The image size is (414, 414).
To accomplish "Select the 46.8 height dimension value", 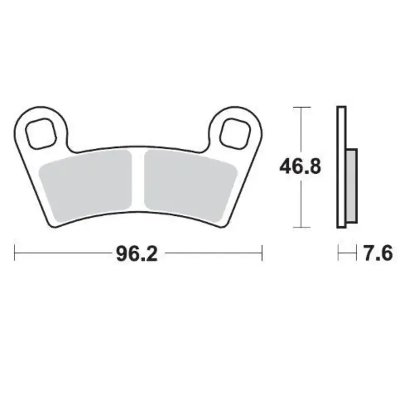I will [301, 167].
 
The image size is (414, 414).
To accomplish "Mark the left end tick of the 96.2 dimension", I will [15, 254].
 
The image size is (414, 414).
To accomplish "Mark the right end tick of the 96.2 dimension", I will [262, 254].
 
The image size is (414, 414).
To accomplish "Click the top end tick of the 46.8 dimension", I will [302, 107].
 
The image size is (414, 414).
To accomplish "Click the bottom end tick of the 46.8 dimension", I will [302, 227].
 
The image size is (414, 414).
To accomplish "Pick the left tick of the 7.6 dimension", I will [337, 254].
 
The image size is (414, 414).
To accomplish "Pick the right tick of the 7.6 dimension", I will [357, 254].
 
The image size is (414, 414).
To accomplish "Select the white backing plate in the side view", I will [341, 129].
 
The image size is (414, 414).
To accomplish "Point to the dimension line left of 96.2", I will [62, 254].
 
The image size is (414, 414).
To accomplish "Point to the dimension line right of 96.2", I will [212, 254].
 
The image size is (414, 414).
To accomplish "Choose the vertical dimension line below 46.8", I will [302, 204].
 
